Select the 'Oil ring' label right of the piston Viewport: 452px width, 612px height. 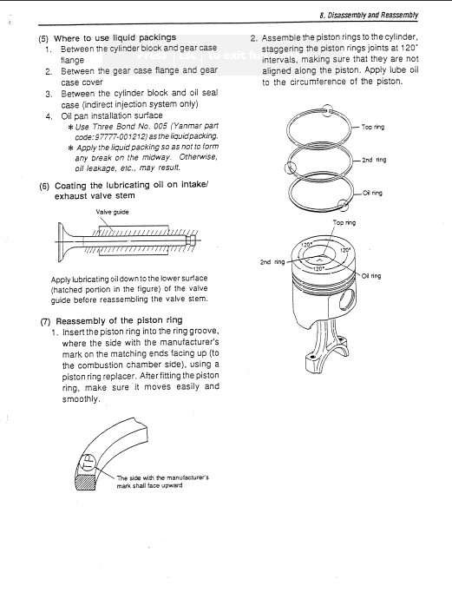click(x=383, y=276)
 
